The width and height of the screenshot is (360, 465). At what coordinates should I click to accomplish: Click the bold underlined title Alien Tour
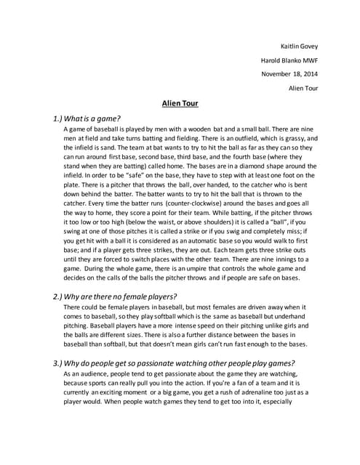click(180, 103)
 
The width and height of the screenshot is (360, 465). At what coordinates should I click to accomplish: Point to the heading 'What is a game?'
click(87, 118)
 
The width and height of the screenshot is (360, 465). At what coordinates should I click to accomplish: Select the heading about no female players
click(116, 297)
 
